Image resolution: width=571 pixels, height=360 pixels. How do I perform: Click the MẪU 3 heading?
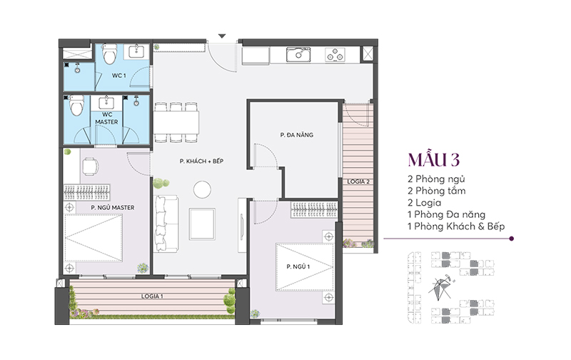point(434,159)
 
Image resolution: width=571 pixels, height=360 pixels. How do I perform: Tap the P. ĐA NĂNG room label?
point(296,135)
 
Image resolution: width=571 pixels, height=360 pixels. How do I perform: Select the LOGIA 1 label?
point(152,296)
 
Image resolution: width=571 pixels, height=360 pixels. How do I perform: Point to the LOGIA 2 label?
point(358,181)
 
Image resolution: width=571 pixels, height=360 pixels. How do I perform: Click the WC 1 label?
point(118,76)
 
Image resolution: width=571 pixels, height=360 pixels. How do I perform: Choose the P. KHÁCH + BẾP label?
point(201,161)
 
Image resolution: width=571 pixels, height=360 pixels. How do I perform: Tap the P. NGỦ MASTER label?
point(113,207)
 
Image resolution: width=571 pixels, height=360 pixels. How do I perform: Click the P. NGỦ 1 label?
point(298,266)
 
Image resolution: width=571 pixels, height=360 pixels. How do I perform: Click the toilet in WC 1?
point(109,54)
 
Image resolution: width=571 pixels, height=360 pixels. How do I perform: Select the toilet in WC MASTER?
point(76,106)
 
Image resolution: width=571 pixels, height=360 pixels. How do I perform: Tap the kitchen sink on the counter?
point(298,55)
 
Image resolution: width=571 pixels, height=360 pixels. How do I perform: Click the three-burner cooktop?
point(335,55)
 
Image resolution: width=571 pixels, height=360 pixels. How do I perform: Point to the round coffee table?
point(202,189)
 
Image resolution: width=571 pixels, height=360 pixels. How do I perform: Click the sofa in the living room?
point(167,224)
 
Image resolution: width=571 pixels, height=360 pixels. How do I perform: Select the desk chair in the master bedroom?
point(90,166)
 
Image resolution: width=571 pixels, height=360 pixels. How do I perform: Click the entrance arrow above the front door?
point(222,36)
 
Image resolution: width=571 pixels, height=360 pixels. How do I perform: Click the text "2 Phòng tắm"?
point(436,191)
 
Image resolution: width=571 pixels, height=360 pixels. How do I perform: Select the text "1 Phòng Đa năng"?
point(446,214)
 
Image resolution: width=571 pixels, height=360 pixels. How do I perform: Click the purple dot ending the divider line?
point(512,239)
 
